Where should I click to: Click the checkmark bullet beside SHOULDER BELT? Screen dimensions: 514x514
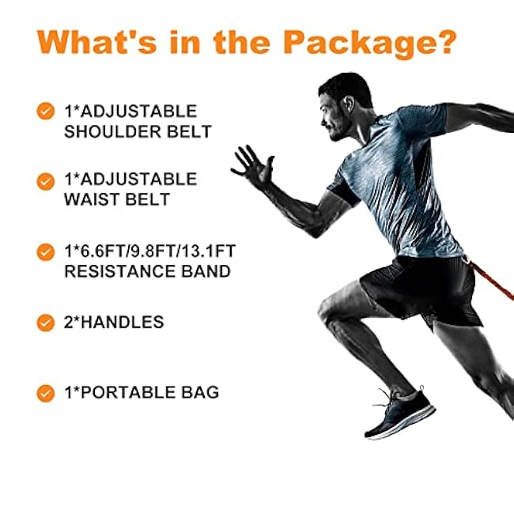[46, 111]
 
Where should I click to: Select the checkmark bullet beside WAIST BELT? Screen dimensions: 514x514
[46, 181]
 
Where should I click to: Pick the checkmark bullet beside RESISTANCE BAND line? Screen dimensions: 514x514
[46, 252]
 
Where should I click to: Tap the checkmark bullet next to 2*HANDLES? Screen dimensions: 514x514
[46, 322]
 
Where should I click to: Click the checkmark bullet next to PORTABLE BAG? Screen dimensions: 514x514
[46, 391]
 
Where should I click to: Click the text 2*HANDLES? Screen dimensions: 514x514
[114, 322]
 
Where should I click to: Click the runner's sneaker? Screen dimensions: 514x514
[399, 415]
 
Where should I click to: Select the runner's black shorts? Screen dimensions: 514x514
[419, 285]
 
